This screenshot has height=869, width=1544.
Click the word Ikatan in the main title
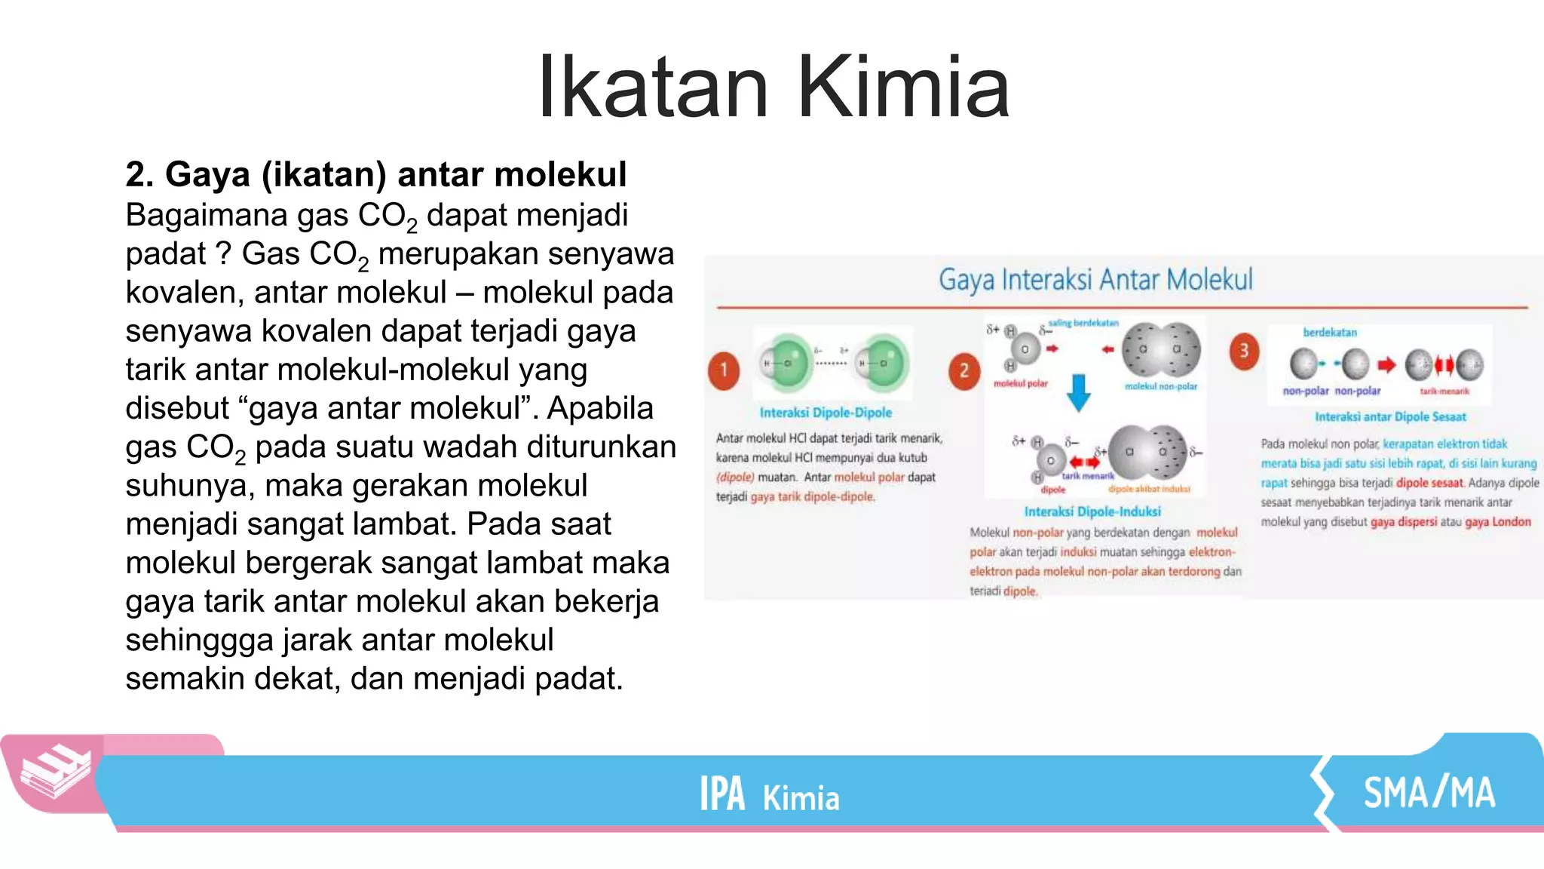point(653,88)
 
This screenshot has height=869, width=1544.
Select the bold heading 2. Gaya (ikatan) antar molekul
point(375,174)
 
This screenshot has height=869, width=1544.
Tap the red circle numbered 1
point(724,370)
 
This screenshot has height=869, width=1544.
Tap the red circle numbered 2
point(964,370)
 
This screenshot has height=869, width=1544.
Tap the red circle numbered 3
point(1244,351)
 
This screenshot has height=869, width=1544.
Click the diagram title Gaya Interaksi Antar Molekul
point(1095,280)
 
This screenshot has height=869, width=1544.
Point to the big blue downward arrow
point(1079,392)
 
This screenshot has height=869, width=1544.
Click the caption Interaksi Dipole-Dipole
point(826,413)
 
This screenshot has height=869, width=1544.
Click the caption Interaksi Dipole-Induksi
point(1092,511)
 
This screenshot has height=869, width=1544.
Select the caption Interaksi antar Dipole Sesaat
point(1390,416)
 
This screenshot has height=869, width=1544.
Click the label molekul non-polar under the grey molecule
point(1161,386)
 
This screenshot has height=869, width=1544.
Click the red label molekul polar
point(1020,384)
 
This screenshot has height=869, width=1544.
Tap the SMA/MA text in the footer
point(1429,793)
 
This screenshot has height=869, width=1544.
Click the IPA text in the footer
point(721,794)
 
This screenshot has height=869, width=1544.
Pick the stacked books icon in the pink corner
point(54,771)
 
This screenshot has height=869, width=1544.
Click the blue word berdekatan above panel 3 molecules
point(1329,333)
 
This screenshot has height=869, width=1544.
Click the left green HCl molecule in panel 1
point(784,363)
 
